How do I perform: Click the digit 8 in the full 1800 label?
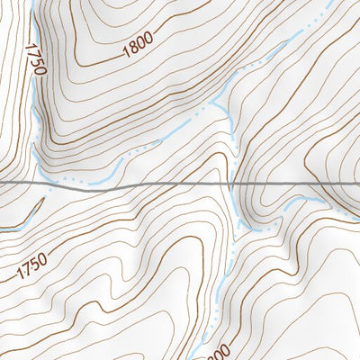pyautogui.click(x=133, y=47)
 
